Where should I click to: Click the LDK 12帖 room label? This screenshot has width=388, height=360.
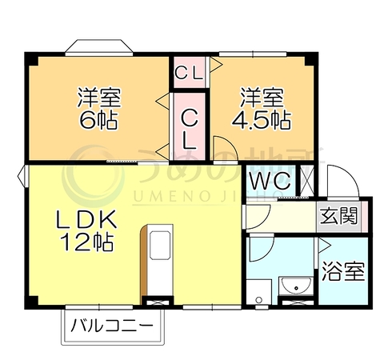[86, 230]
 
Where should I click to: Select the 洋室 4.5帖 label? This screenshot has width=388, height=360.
[262, 108]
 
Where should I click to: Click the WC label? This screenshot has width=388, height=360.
[270, 182]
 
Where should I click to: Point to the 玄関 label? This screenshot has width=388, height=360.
[338, 216]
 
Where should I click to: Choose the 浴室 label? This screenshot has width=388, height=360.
[343, 271]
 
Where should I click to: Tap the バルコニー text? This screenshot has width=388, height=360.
[112, 326]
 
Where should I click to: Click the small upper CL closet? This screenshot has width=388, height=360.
[190, 72]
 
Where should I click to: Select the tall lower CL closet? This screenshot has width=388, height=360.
[190, 126]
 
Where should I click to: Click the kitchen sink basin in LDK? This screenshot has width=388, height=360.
[160, 246]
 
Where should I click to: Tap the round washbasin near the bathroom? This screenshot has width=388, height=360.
[296, 286]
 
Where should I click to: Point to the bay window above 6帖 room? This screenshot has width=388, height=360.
[99, 47]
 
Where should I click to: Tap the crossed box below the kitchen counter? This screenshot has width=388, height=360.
[158, 302]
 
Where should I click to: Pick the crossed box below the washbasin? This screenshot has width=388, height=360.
[298, 303]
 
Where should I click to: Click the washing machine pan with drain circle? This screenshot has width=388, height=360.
[258, 292]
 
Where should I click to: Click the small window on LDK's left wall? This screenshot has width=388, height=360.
[22, 176]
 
